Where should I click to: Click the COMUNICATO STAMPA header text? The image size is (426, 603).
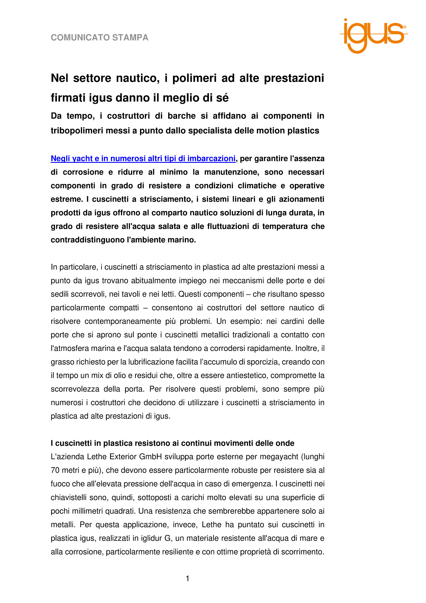[99, 38]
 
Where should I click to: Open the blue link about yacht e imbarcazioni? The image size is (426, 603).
[143, 158]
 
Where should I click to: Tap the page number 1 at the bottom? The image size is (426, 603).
[187, 579]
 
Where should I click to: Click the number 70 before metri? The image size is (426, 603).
[55, 470]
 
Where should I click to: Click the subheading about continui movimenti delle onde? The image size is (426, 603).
[173, 443]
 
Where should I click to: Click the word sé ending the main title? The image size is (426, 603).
[223, 98]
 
